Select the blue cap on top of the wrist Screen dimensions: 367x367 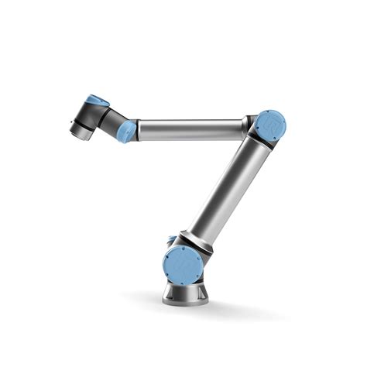click(x=98, y=101)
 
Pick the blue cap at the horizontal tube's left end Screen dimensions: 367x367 click(x=127, y=132)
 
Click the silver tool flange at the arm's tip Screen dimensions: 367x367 click(x=81, y=131)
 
